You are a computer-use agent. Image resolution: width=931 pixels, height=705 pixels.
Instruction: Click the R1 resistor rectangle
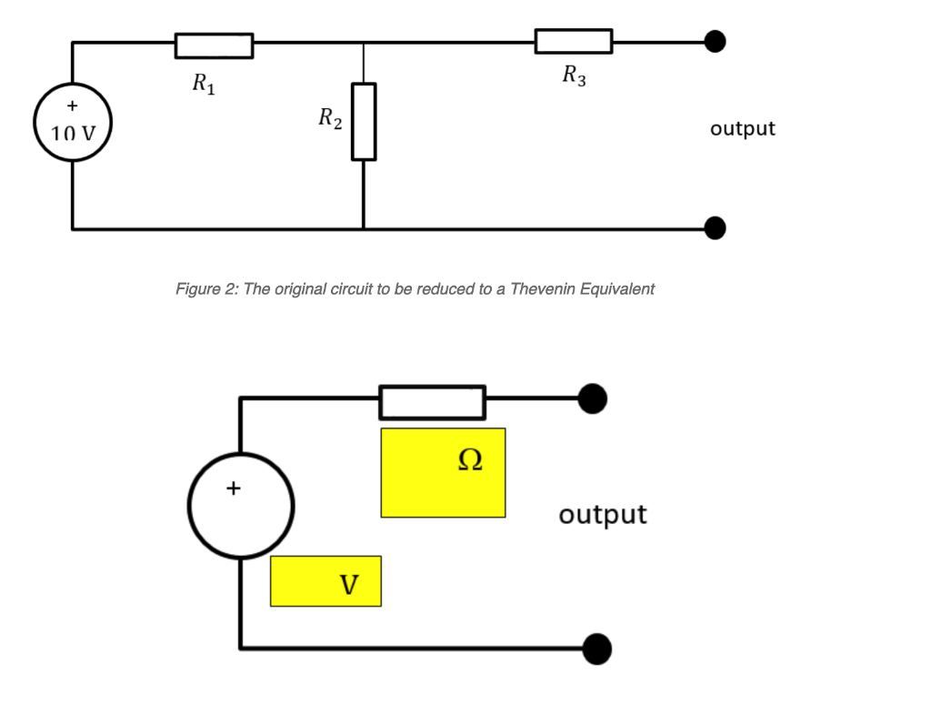point(214,45)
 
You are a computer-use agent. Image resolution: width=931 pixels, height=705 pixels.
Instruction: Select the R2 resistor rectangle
point(364,121)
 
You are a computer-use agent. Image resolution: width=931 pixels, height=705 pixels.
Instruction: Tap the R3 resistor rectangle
point(573,41)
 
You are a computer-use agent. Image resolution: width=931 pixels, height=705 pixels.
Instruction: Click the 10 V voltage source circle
point(73,125)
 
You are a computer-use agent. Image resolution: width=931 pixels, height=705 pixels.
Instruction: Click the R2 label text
point(330,118)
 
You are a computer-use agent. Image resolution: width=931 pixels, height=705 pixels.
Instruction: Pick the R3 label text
point(574,76)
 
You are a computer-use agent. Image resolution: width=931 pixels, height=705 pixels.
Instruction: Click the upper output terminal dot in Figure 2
point(716,41)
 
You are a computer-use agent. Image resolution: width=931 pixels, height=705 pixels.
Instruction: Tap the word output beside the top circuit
point(743,128)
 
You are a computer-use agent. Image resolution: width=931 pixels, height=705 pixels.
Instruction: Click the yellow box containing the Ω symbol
point(443,472)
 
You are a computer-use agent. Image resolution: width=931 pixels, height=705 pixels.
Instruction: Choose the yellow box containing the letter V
point(325,581)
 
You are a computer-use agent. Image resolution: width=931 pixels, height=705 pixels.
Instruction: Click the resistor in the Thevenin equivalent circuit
point(432,402)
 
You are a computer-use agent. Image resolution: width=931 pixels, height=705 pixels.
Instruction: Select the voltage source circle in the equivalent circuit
point(241,506)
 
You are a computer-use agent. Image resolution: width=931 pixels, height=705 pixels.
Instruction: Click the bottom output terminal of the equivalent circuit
point(596,649)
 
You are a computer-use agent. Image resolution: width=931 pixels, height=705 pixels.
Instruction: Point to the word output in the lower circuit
point(603,515)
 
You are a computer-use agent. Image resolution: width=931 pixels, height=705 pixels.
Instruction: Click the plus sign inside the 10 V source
point(72,106)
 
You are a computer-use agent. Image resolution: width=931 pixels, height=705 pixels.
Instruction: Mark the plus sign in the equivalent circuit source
point(234,488)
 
